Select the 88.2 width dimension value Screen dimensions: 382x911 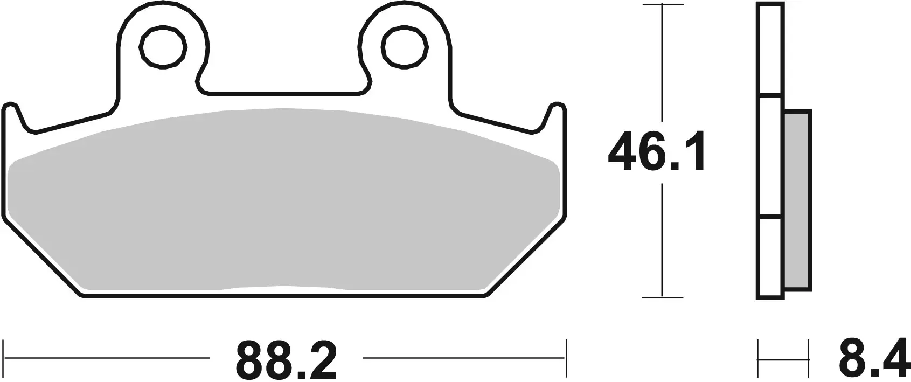[x=286, y=360]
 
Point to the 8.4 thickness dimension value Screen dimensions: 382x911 [x=873, y=360]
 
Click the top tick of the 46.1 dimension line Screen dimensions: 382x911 [x=663, y=5]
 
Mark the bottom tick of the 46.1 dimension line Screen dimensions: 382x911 [x=663, y=297]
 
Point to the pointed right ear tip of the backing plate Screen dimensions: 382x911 [x=559, y=105]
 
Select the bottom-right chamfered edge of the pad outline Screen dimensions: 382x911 [x=527, y=256]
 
